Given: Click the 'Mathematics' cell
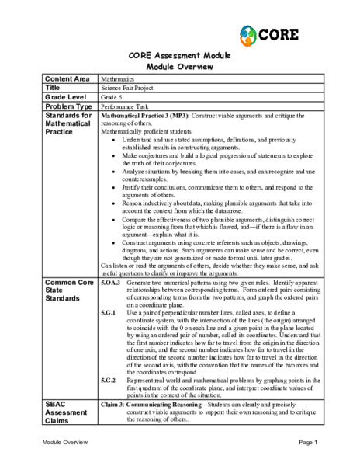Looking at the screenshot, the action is [118, 79].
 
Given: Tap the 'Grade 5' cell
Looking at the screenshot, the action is [113, 96].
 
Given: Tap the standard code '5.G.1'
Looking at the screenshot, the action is [109, 311].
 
